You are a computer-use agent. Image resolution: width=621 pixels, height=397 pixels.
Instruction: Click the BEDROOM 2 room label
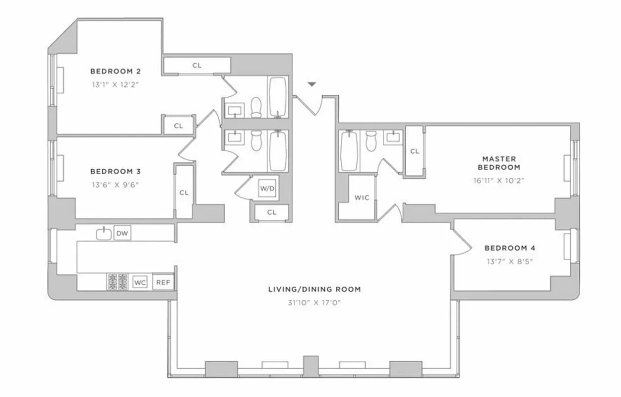[x=115, y=71]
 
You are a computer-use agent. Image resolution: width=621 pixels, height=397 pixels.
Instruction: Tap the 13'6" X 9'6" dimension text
[x=115, y=185]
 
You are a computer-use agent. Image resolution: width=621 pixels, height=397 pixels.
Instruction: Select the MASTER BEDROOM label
[x=498, y=163]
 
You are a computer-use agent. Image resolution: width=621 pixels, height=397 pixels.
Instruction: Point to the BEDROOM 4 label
[x=509, y=248]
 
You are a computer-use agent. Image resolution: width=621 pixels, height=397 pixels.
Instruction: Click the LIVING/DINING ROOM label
[x=314, y=289]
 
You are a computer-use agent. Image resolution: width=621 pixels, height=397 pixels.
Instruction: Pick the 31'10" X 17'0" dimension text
[x=314, y=303]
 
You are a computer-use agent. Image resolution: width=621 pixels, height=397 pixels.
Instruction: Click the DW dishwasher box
[x=122, y=233]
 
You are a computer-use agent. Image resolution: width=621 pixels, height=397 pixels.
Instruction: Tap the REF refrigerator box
[x=163, y=282]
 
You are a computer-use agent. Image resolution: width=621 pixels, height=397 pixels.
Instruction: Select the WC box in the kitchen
[x=140, y=282]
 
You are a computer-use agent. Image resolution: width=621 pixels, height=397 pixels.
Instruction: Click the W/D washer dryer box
[x=266, y=189]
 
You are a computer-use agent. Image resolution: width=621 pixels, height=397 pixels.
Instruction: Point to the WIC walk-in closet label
[x=362, y=197]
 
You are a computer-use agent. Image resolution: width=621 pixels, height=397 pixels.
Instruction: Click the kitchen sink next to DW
[x=103, y=233]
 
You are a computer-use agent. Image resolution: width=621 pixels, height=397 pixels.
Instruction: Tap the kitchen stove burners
[x=117, y=281]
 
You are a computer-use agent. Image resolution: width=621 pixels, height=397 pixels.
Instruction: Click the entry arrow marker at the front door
[x=311, y=85]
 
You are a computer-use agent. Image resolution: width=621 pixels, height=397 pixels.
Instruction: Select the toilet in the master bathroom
[x=371, y=141]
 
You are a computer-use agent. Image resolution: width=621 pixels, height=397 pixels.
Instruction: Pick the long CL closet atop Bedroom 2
[x=197, y=66]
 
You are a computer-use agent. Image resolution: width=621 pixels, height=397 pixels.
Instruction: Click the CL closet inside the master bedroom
[x=414, y=151]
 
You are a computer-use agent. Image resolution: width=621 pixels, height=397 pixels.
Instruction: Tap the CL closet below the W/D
[x=271, y=212]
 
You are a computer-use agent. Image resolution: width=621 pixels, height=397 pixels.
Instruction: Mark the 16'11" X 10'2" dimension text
[x=498, y=181]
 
